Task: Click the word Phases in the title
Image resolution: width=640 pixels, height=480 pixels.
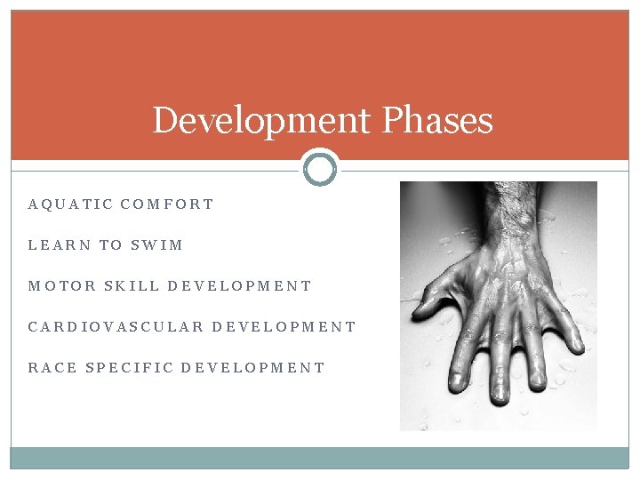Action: click(x=437, y=121)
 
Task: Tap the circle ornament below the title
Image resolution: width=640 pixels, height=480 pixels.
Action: click(x=320, y=168)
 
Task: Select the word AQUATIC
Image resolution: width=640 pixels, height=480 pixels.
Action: click(x=70, y=204)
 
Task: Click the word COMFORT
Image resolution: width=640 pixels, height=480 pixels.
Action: click(x=167, y=204)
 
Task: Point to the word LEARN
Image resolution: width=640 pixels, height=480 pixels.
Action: click(x=60, y=245)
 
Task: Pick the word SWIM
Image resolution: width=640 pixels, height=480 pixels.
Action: click(x=156, y=245)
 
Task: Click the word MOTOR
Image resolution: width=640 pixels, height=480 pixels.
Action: click(x=61, y=286)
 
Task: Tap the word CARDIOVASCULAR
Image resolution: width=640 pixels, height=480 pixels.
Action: click(x=115, y=327)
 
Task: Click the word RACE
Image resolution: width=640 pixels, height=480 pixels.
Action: click(x=52, y=368)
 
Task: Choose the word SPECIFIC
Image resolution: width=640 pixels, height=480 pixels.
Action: click(x=128, y=368)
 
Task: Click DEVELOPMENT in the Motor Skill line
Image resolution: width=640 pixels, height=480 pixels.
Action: click(x=240, y=286)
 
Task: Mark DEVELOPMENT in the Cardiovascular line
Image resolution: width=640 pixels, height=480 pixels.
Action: click(x=284, y=327)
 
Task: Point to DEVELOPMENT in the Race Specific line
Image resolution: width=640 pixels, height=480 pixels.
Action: click(x=253, y=368)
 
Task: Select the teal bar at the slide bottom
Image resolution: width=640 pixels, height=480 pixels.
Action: click(x=320, y=458)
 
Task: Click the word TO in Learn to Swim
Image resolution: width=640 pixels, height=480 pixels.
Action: click(x=111, y=245)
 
